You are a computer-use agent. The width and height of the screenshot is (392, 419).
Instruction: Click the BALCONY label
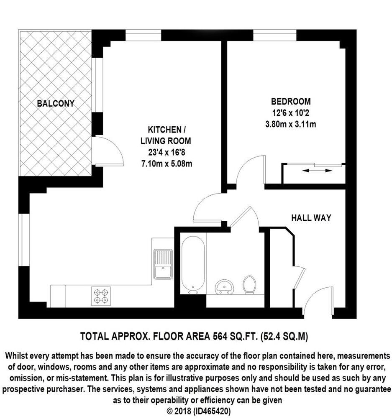coord(55,103)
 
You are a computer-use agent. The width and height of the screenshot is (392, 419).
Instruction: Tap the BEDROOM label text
coord(291,101)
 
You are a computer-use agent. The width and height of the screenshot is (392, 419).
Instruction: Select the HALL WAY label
coord(311,218)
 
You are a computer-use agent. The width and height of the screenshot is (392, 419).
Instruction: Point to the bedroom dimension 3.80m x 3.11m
coord(291,124)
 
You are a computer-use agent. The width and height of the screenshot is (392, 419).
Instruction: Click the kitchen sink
coord(163,264)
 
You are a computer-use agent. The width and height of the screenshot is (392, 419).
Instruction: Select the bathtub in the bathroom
coord(193,264)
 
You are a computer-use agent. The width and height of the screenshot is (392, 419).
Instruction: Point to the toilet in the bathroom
coord(250,284)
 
